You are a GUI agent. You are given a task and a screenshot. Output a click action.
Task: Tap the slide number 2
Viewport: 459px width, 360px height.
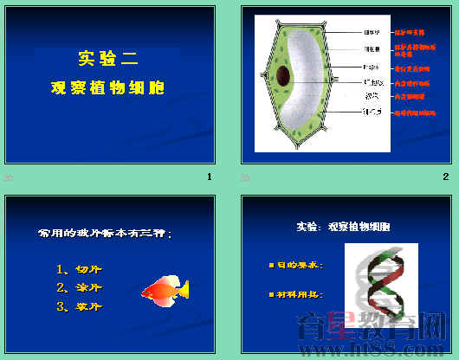445,177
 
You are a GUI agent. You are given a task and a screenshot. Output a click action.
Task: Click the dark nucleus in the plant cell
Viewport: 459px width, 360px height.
283,75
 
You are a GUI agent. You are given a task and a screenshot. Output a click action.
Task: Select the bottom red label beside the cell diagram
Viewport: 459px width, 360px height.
414,112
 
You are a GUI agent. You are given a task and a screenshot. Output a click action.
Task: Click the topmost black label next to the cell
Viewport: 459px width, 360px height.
372,33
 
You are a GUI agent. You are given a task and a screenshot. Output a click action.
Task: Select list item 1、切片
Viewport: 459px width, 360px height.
78,268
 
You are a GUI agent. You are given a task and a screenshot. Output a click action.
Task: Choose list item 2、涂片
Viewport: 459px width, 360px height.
78,287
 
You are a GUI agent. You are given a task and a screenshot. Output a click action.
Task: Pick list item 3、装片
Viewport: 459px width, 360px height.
78,306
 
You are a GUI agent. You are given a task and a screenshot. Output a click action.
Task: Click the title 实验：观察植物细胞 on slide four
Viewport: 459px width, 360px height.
343,227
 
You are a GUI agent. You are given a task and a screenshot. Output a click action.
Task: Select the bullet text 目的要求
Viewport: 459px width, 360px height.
299,264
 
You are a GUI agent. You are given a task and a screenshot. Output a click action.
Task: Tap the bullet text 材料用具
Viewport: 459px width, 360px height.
299,295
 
